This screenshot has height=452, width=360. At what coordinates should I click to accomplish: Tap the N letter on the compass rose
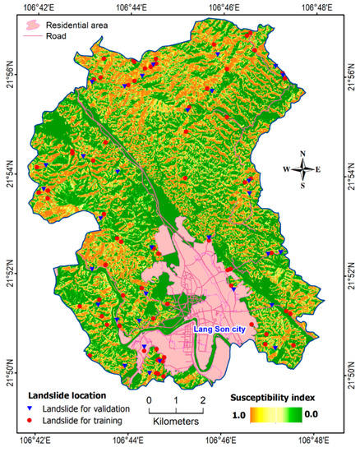[303, 154]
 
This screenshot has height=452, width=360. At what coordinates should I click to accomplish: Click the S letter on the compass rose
[303, 186]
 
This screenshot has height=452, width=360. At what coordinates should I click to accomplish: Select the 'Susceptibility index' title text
[273, 394]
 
